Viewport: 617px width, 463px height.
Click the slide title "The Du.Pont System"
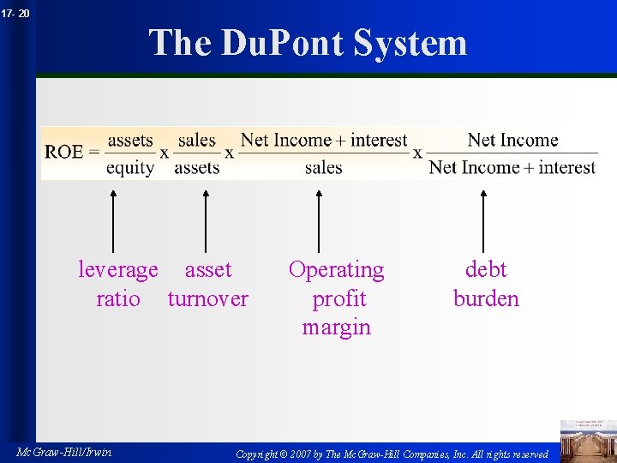tap(308, 43)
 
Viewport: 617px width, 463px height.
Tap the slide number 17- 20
tap(15, 13)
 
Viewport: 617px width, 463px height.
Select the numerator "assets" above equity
tap(129, 141)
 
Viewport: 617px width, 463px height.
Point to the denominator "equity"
tap(129, 167)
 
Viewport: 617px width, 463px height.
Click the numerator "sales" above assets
tap(197, 141)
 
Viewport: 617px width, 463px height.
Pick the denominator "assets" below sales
tap(197, 167)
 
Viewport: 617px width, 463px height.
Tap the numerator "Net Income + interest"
tap(324, 141)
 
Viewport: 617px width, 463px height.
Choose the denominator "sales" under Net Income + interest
tap(324, 167)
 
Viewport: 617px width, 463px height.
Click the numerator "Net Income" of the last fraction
tap(512, 141)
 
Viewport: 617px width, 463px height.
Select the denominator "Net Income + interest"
tap(512, 167)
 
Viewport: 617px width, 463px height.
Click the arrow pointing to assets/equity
tap(113, 221)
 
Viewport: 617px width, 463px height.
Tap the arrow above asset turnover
tap(205, 221)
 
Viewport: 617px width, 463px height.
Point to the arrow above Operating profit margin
tap(319, 221)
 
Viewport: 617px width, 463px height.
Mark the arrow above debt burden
tap(483, 221)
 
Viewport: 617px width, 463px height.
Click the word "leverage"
tap(118, 270)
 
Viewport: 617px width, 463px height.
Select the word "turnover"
tap(208, 299)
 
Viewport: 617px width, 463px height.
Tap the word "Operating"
tap(336, 270)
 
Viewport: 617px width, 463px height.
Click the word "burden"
tap(486, 299)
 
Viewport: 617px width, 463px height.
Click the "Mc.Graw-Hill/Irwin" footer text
tap(63, 452)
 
